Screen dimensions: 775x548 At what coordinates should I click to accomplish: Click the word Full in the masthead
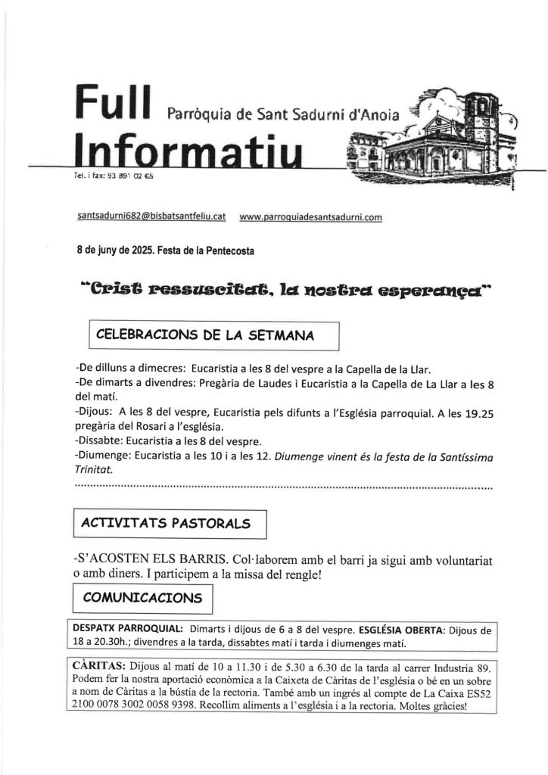(x=114, y=104)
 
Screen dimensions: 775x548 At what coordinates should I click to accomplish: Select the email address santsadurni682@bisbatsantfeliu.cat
(x=152, y=216)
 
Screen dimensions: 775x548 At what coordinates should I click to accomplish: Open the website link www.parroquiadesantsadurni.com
(x=310, y=217)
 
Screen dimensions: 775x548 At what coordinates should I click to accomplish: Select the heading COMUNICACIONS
(x=142, y=597)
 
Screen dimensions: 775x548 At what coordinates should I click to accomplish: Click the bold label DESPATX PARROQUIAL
(x=128, y=629)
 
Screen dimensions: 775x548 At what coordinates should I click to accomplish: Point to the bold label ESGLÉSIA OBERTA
(x=399, y=629)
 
